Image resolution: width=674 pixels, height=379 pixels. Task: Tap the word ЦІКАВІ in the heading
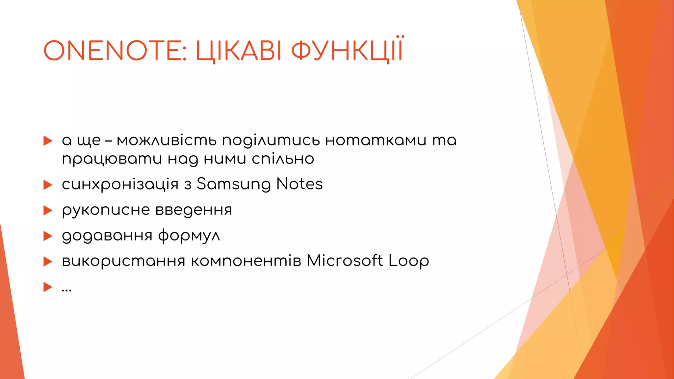click(239, 51)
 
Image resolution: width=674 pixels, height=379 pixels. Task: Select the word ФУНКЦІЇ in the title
click(347, 51)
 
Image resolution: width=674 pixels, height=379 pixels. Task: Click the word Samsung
click(233, 184)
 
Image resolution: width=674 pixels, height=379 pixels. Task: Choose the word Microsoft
click(345, 261)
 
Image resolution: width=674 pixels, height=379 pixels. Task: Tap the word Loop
click(409, 261)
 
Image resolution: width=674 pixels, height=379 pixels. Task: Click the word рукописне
click(106, 210)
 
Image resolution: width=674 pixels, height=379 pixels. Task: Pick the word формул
click(189, 236)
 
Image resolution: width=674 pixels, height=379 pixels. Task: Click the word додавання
click(107, 236)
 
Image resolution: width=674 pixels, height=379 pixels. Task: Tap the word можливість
click(167, 140)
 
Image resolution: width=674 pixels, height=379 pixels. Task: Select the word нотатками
click(376, 140)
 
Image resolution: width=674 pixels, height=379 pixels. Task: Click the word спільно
click(283, 159)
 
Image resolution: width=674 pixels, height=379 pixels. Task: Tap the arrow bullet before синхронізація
click(48, 185)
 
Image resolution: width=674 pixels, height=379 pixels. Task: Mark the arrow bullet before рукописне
click(48, 210)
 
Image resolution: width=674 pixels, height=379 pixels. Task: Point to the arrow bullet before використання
click(48, 262)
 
